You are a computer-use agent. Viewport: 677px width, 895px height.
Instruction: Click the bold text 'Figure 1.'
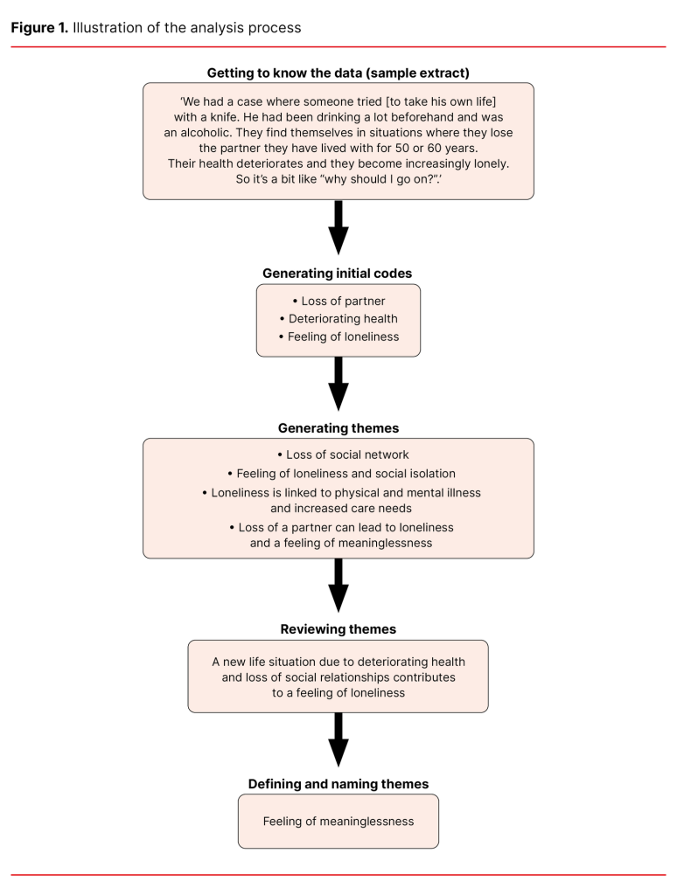pyautogui.click(x=38, y=28)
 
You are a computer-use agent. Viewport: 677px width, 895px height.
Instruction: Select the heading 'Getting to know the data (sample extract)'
pyautogui.click(x=338, y=72)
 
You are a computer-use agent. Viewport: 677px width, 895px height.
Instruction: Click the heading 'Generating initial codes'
pyautogui.click(x=338, y=274)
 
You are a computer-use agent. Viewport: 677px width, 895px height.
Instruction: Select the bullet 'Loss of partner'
pyautogui.click(x=338, y=302)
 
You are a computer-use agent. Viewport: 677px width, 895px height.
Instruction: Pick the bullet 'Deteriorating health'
pyautogui.click(x=338, y=319)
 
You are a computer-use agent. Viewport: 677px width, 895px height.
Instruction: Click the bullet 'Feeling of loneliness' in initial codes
pyautogui.click(x=338, y=336)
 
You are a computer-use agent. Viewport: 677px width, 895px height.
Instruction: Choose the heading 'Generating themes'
pyautogui.click(x=338, y=428)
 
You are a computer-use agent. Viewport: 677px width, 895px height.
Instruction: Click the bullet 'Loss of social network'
pyautogui.click(x=338, y=454)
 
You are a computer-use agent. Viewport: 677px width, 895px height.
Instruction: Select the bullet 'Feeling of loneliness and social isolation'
pyautogui.click(x=338, y=474)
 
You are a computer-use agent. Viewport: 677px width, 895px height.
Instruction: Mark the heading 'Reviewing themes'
pyautogui.click(x=338, y=629)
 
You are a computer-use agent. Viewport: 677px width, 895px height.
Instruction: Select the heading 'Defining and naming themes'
pyautogui.click(x=338, y=784)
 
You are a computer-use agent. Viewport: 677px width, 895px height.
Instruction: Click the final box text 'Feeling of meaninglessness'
pyautogui.click(x=338, y=822)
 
